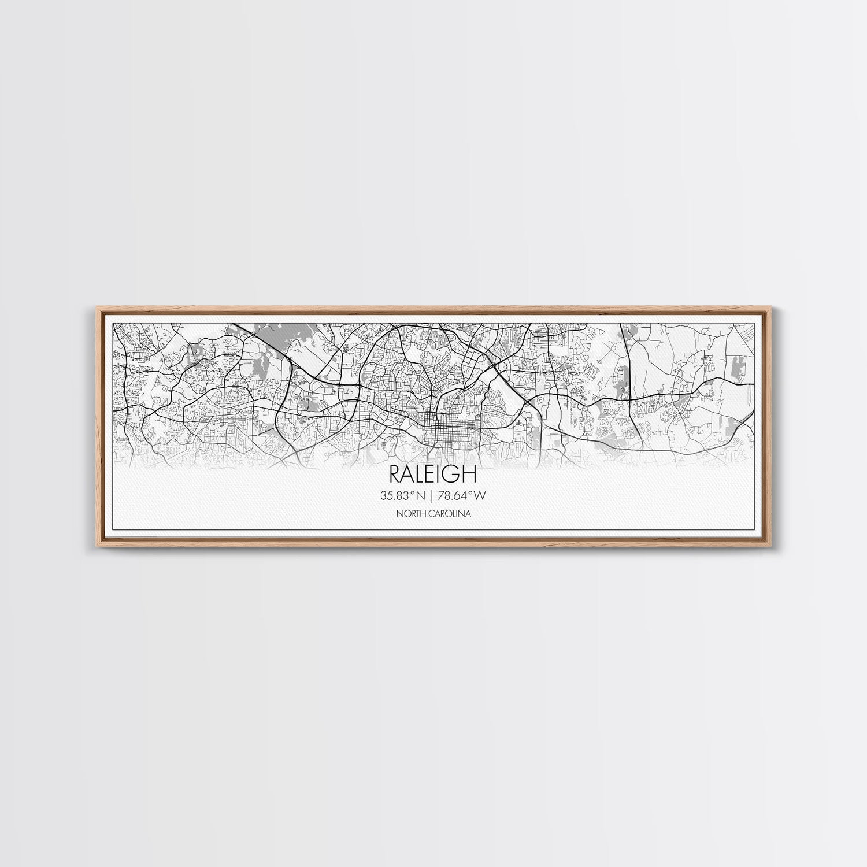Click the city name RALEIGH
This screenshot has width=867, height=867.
coord(433,475)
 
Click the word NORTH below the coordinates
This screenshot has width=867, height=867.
coord(410,513)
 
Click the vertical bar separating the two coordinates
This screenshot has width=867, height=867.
coord(433,495)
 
